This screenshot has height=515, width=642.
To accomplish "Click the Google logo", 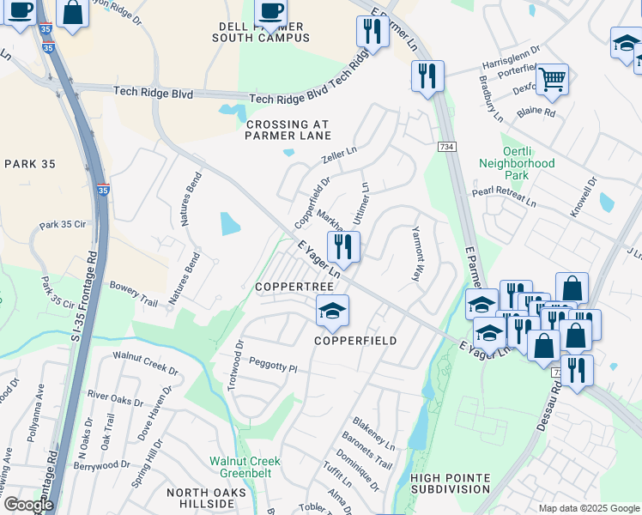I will click(x=27, y=505).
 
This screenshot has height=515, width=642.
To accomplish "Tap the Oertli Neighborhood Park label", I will click(x=516, y=162).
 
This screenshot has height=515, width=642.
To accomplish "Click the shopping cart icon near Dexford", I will click(x=552, y=80).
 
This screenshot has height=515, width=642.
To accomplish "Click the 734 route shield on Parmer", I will click(x=448, y=124).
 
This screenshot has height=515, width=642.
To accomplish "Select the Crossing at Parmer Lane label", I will click(x=288, y=130).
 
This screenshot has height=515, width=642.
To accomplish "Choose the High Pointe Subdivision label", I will click(x=450, y=483).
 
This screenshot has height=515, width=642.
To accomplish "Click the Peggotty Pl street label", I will click(x=273, y=367).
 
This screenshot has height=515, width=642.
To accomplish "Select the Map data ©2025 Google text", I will click(x=587, y=507).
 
